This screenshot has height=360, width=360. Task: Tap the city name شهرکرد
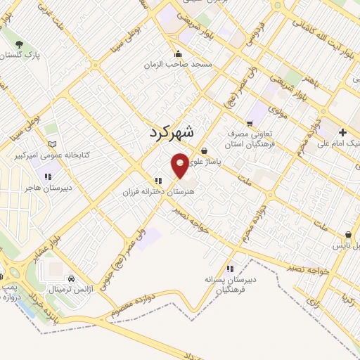[x=174, y=132]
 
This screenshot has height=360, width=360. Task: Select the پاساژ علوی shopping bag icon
[x=205, y=150]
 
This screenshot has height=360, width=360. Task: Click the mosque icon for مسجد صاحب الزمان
[x=178, y=54]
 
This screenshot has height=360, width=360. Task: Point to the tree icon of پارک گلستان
[x=19, y=45]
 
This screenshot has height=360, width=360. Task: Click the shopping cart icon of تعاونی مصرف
[x=250, y=123]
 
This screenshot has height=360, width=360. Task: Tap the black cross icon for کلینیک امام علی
[x=342, y=132]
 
